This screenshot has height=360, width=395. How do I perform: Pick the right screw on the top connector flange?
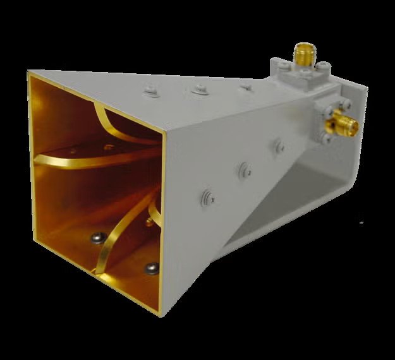322,66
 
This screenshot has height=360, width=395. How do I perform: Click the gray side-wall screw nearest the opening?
207,196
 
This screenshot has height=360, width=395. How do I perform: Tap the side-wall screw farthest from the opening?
278,147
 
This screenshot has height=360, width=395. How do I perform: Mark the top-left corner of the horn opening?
28,73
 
